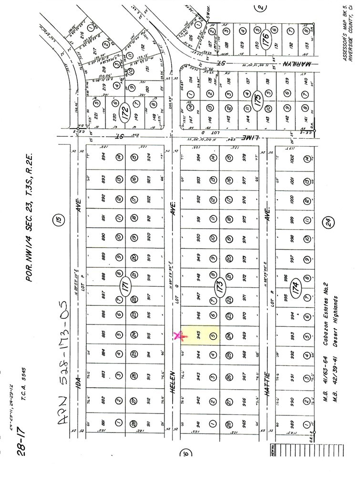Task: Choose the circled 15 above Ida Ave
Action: point(59,220)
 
